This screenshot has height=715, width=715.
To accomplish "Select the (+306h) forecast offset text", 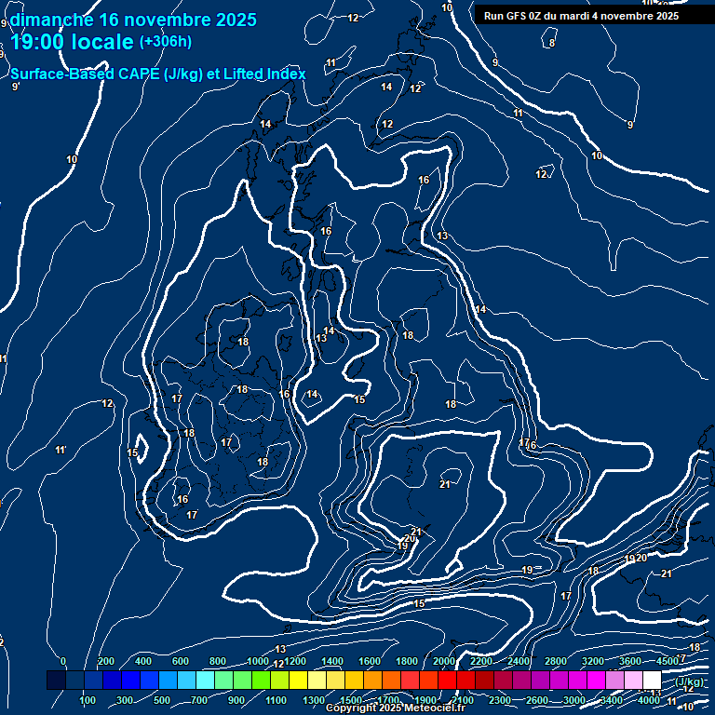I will tap(165, 41).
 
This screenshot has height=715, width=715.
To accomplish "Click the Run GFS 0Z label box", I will tap(581, 15).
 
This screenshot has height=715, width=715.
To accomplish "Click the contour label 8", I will tap(552, 43).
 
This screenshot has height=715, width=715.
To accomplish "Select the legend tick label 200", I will tap(106, 661).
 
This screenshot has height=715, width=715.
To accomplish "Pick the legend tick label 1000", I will tap(258, 661).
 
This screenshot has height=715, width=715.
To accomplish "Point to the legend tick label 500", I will tap(162, 700).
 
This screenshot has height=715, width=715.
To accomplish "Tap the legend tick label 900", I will tap(236, 700).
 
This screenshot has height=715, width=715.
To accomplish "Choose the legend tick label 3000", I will tap(573, 700).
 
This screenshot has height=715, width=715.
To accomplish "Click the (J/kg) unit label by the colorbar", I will tap(690, 681).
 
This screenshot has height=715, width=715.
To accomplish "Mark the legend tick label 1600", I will tap(370, 661).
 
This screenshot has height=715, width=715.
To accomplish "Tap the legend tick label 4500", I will tap(667, 661).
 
